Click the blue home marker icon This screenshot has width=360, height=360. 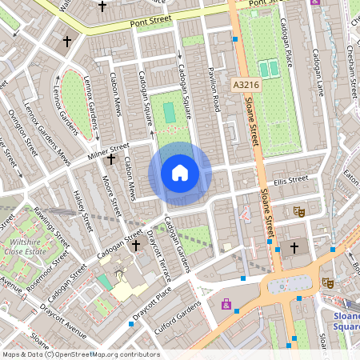coord(180,173)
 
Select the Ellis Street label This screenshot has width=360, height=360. coord(290,179)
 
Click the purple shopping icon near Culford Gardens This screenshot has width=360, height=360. coord(227,304)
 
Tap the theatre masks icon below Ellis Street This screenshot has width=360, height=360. coord(299,211)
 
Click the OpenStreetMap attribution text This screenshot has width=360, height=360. coord(80,354)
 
